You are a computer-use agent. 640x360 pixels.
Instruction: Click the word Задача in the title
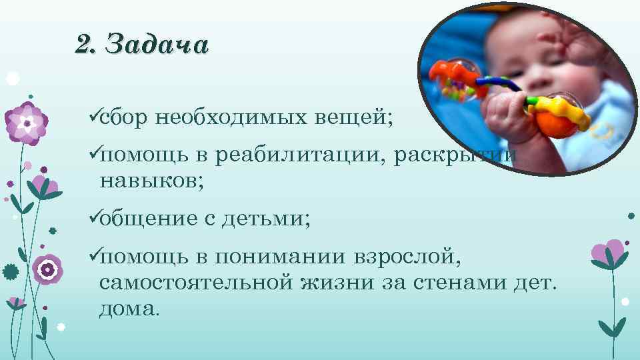pos(157,45)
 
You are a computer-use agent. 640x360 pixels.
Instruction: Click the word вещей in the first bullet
pos(364,118)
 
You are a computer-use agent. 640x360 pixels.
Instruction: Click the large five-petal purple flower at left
pos(26,122)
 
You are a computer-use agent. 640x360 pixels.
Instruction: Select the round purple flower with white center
pos(47,269)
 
